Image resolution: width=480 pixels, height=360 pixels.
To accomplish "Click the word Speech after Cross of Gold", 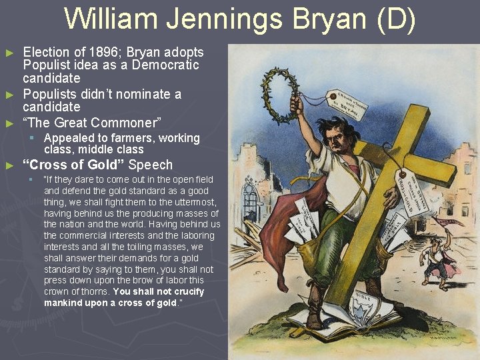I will [151, 165].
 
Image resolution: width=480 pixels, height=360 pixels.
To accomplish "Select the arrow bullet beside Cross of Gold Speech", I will [9, 165].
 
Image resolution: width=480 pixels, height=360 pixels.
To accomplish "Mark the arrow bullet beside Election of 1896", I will [9, 52].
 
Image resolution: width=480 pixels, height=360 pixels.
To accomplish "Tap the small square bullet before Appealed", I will [31, 138].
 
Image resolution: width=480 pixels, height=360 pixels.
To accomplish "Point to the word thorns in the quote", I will [96, 292].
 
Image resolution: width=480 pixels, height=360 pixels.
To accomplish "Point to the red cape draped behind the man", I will [270, 227].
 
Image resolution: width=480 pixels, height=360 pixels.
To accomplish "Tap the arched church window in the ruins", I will [251, 200].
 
